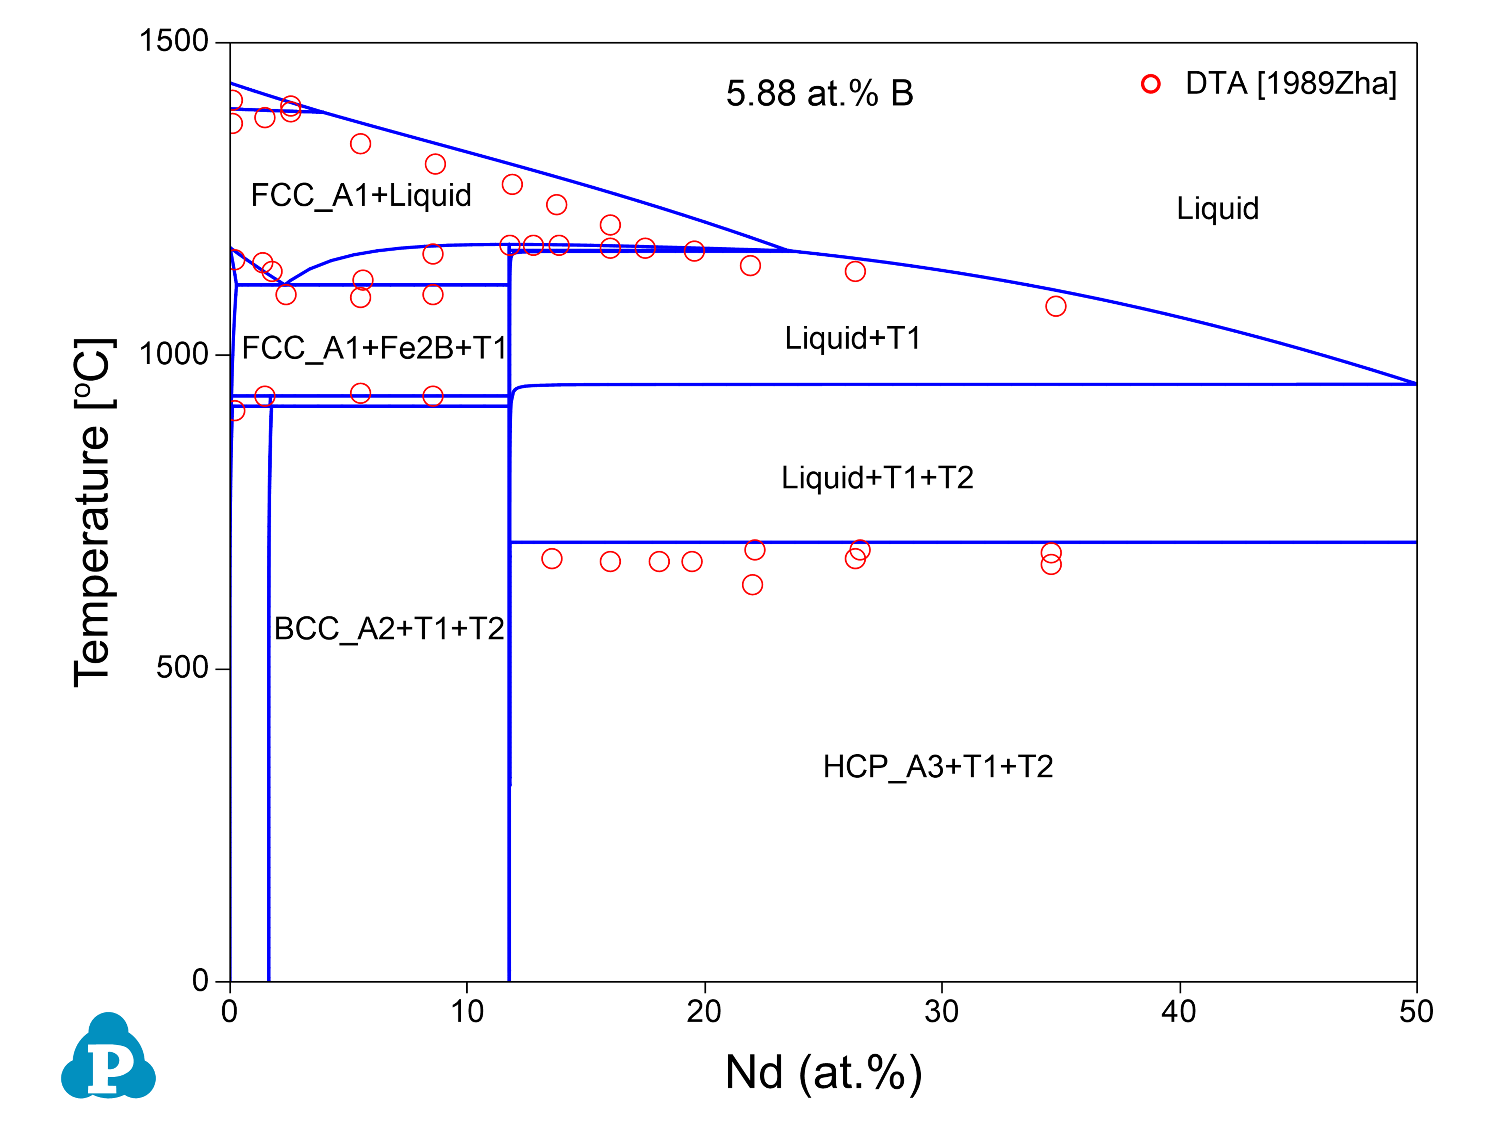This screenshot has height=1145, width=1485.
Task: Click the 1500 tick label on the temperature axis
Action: tap(173, 42)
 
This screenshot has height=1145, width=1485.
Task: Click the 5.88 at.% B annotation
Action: tap(819, 93)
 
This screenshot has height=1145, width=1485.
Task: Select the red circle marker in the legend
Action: tap(1150, 83)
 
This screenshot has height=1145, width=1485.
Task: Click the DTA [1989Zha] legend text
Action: tap(1291, 83)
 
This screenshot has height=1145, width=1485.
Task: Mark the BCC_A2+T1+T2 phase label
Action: tap(389, 629)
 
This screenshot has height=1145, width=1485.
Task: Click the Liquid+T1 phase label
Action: tap(853, 338)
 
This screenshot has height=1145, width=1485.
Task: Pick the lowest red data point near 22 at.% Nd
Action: tap(752, 585)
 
